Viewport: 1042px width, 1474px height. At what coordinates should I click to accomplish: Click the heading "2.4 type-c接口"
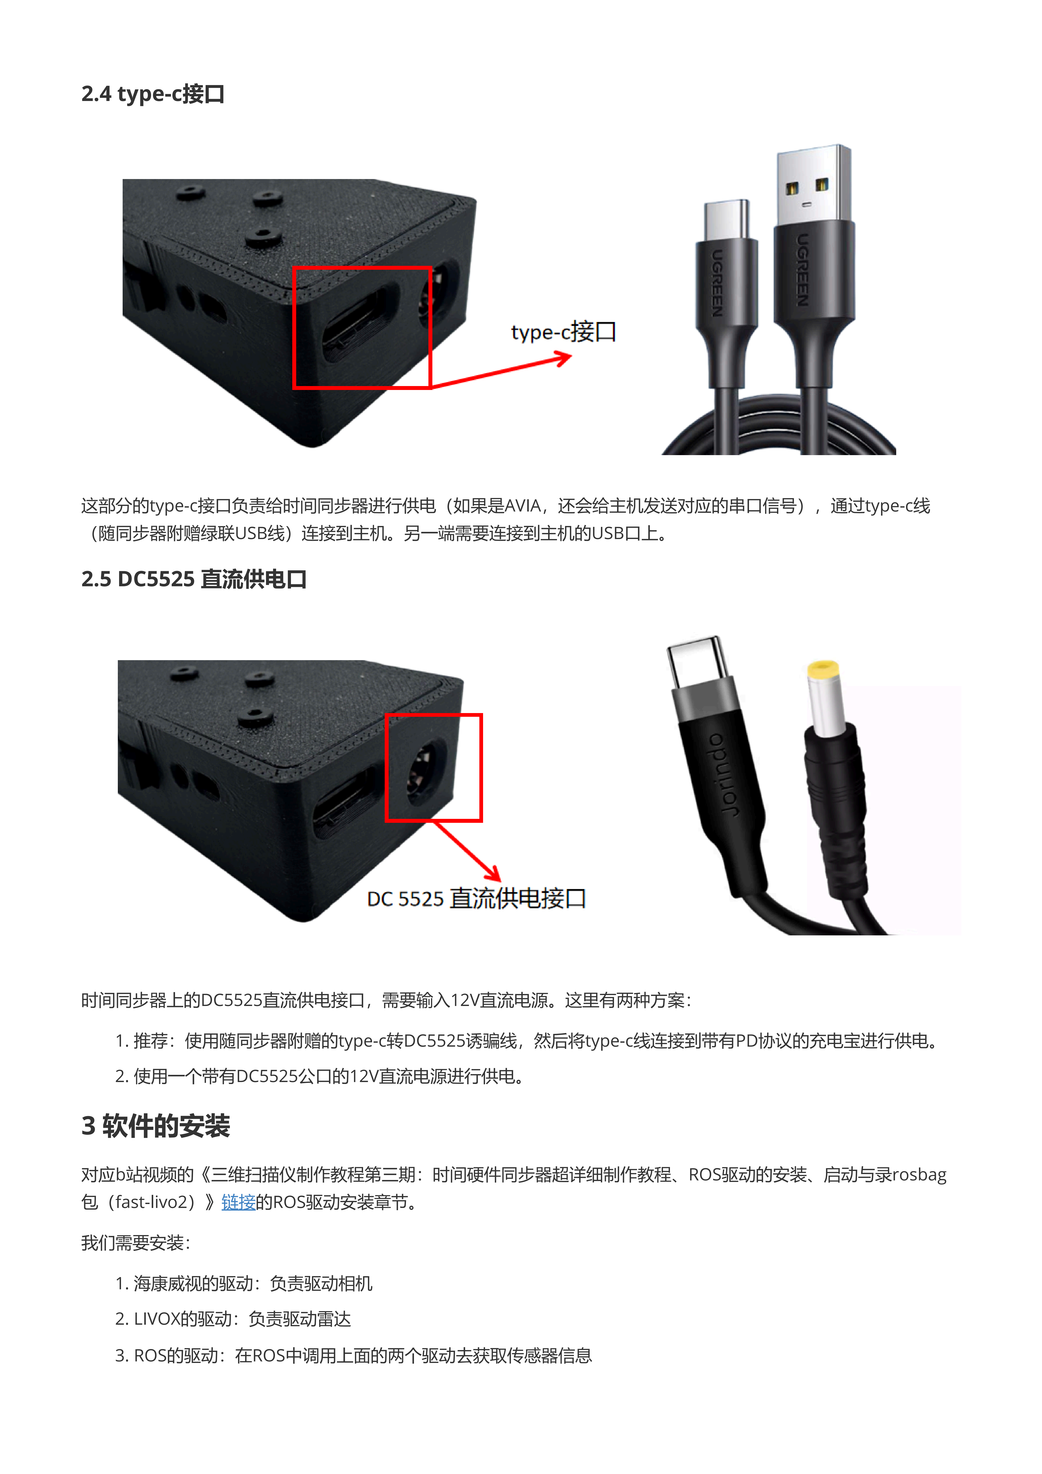tap(153, 94)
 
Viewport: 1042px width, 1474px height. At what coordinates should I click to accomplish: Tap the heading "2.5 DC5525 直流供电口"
tap(194, 579)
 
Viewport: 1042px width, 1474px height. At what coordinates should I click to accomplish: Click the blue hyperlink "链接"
tap(238, 1202)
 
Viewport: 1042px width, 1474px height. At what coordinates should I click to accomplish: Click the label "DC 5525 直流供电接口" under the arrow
tap(476, 898)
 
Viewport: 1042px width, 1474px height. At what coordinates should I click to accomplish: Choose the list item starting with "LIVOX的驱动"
tap(233, 1319)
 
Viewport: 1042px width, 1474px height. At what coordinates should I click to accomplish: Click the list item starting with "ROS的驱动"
tap(353, 1355)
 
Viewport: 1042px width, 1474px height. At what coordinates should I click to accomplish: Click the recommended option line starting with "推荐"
tap(526, 1040)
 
